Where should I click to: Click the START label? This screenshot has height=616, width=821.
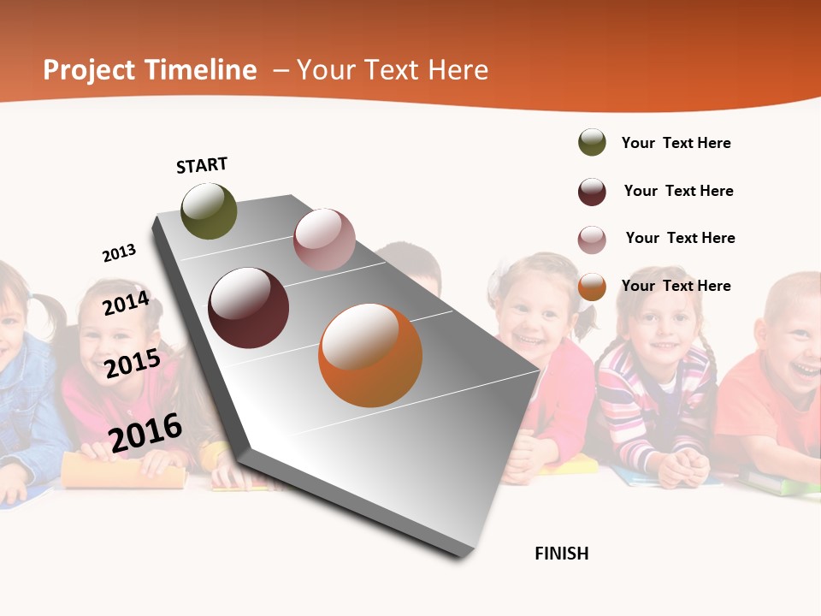202,165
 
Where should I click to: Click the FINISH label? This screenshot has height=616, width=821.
561,554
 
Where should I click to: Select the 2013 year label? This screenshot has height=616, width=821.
119,253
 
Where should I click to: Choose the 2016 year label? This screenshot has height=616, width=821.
145,433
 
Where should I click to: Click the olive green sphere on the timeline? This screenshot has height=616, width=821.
209,210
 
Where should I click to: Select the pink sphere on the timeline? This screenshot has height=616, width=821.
324,240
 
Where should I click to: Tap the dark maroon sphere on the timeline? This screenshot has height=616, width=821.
249,308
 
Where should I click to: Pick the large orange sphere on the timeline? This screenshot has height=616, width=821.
370,355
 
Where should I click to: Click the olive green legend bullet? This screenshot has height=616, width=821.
592,143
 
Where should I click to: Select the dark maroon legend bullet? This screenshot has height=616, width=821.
592,192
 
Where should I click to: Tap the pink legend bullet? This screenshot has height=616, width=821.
592,240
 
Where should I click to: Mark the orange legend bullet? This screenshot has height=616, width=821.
592,287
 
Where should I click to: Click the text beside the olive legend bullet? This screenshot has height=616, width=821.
676,143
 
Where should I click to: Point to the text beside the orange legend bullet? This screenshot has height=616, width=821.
676,286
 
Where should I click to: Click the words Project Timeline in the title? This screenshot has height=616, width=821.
150,70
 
